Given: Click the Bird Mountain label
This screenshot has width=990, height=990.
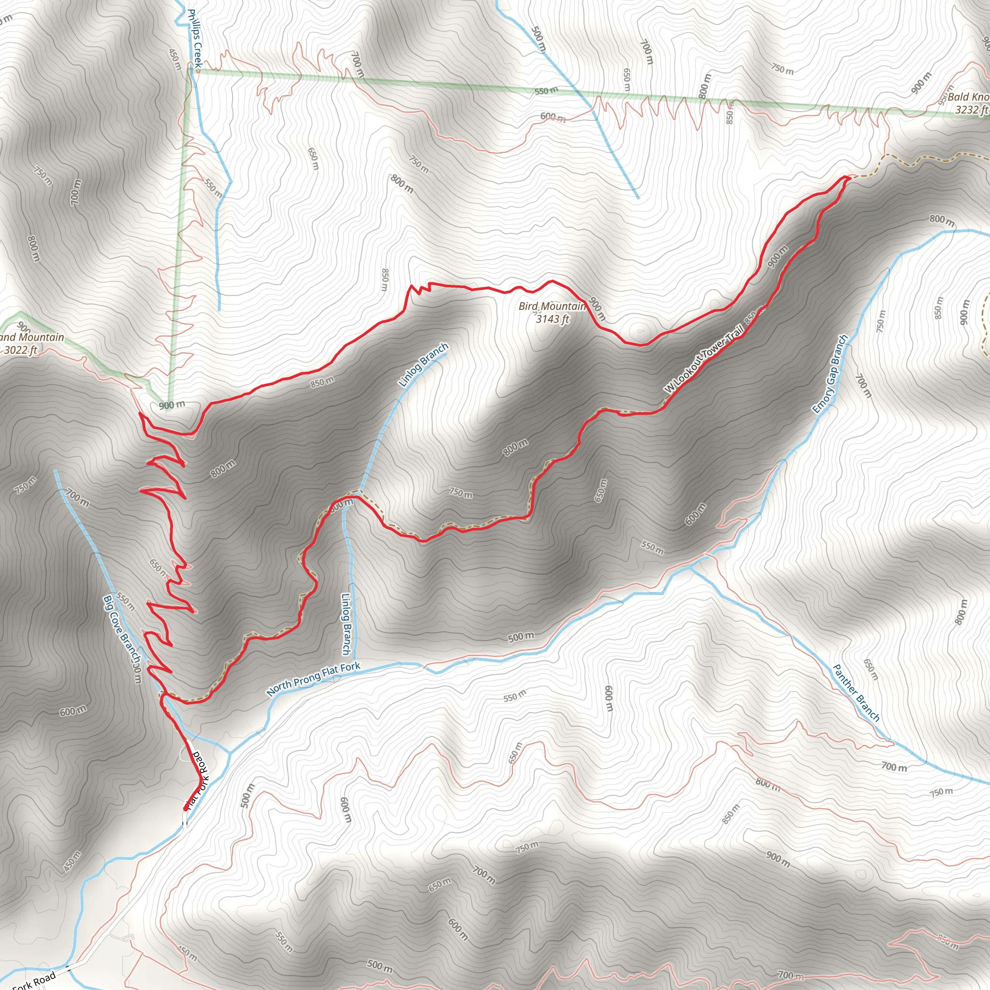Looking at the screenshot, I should coord(552,306).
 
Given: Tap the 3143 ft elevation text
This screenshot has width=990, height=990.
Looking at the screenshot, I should coord(553,319).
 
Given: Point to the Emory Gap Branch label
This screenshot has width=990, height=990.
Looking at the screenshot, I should coord(830,374).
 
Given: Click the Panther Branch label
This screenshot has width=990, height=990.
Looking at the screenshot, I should coord(856,693).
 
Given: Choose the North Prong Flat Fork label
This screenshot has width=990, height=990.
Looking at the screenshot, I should coord(313,679).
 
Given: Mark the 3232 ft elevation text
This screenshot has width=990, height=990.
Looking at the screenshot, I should coord(972,110).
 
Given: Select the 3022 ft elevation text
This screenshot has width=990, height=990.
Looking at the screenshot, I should coord(20,350).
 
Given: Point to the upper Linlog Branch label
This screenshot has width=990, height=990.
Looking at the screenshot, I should coord(423,365).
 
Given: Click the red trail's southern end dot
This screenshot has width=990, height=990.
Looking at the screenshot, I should coord(185,809).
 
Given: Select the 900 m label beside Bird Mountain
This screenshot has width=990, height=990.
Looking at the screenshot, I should coord(597,309).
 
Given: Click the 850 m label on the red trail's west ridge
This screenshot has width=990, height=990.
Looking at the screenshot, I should coord(322,382).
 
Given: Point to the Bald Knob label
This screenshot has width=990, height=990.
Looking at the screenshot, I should coord(967,97).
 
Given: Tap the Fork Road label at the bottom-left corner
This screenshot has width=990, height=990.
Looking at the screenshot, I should coord(33,980).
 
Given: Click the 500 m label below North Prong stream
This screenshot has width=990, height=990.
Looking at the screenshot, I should coord(521,637).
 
